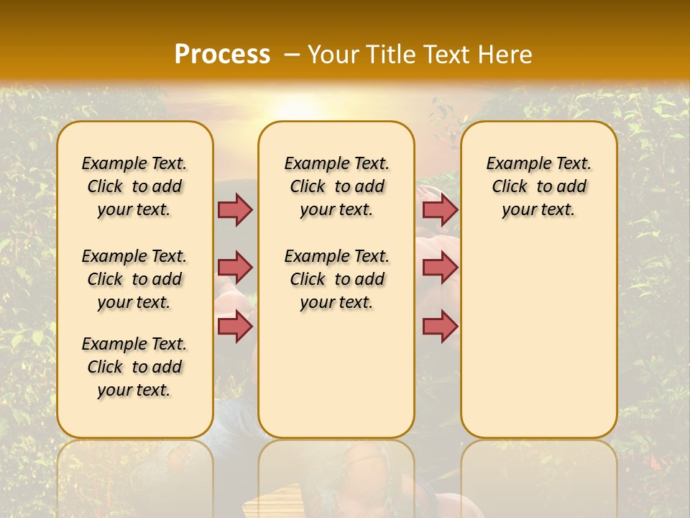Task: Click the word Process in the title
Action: [222, 55]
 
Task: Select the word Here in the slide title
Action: [505, 55]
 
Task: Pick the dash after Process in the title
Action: [291, 55]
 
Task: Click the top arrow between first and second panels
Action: [235, 209]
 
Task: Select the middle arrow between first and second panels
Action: [235, 268]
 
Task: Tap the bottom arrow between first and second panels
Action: [235, 327]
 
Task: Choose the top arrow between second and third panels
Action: [440, 209]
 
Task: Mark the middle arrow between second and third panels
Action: [440, 268]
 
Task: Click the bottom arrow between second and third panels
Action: [440, 327]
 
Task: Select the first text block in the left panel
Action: [134, 186]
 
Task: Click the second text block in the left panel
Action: [134, 279]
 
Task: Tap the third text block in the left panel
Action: [134, 367]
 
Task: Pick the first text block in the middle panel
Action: [336, 186]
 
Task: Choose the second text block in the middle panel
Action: [336, 279]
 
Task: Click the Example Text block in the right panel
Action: [538, 186]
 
